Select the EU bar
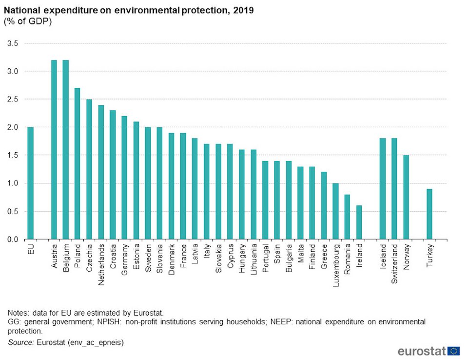(31, 183)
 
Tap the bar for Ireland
(359, 222)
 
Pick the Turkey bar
(429, 214)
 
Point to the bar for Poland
(78, 164)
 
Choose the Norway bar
(406, 198)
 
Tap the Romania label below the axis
(347, 259)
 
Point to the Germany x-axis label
(125, 260)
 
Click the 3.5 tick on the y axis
(13, 43)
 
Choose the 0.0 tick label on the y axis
(13, 240)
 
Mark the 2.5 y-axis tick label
(13, 100)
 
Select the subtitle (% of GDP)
(28, 21)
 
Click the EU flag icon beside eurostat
(454, 351)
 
